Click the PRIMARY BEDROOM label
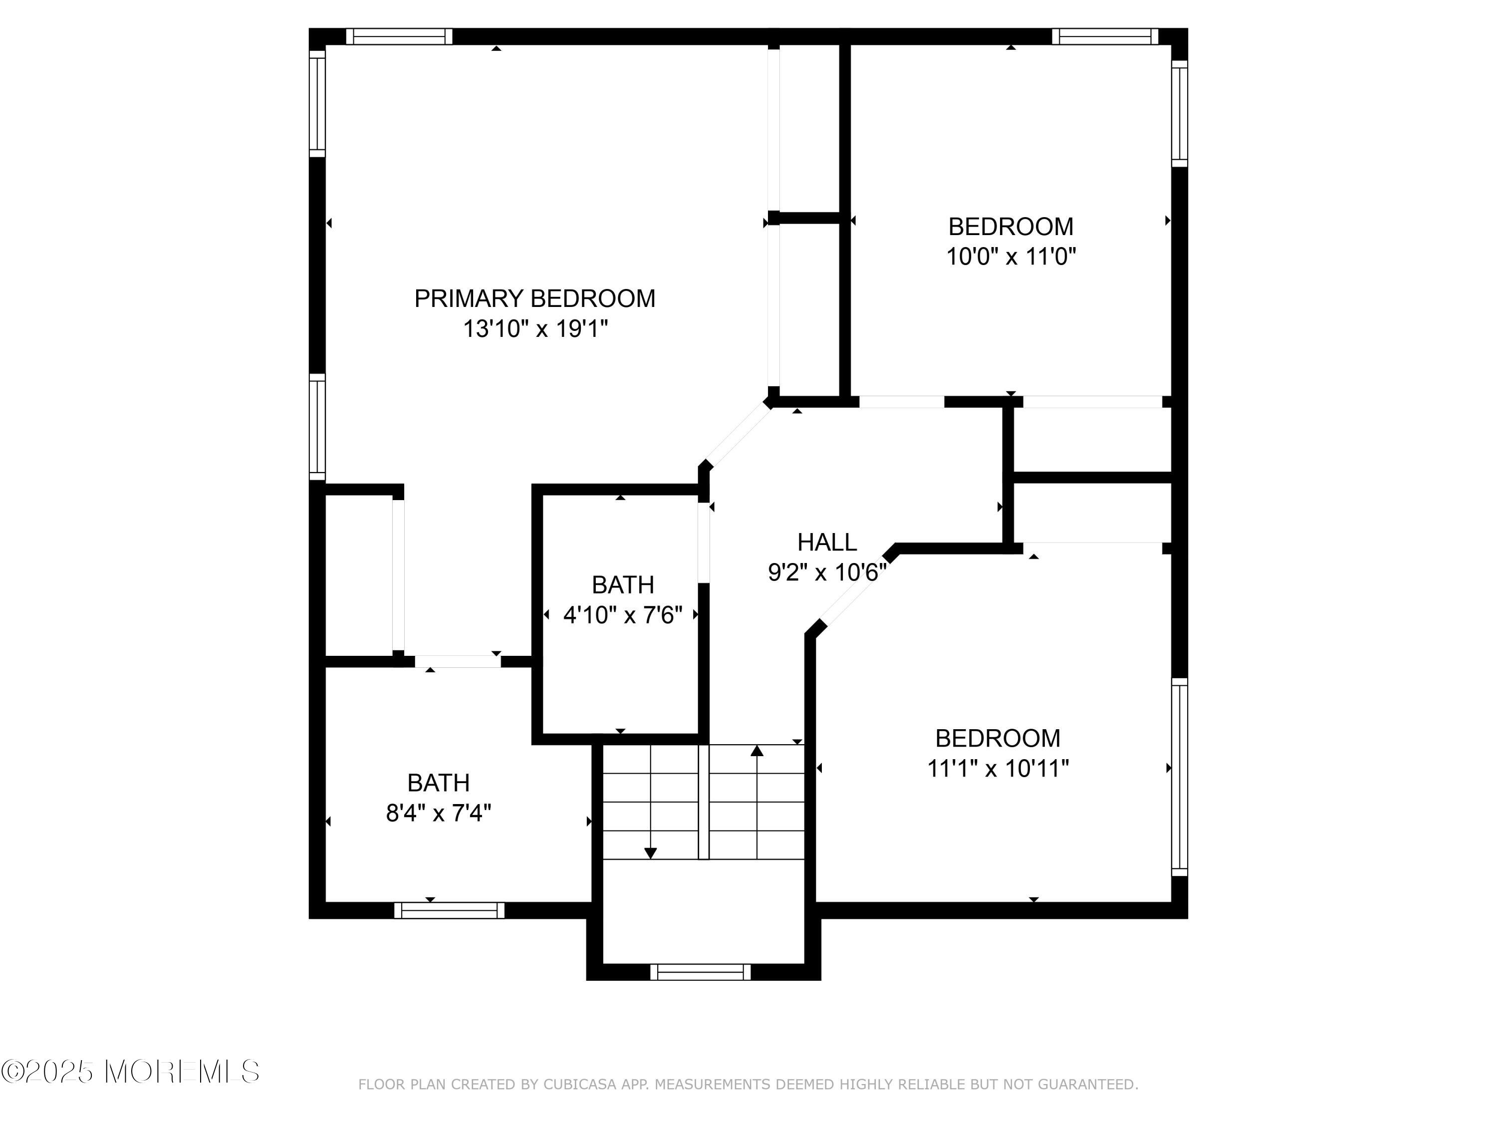click(x=534, y=298)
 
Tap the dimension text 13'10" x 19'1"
click(x=535, y=329)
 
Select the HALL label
click(x=827, y=542)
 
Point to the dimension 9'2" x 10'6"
click(x=827, y=572)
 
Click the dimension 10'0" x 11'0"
click(x=1011, y=257)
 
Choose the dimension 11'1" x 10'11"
click(x=998, y=768)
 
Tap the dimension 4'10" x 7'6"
click(x=623, y=614)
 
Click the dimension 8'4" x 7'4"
click(x=439, y=812)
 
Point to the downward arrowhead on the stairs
click(x=650, y=853)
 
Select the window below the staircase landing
click(x=701, y=972)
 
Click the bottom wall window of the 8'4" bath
click(x=450, y=910)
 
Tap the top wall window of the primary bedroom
click(x=399, y=36)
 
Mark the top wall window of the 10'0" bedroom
click(x=1105, y=36)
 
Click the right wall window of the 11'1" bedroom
click(x=1180, y=777)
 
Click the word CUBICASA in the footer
click(x=580, y=1085)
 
